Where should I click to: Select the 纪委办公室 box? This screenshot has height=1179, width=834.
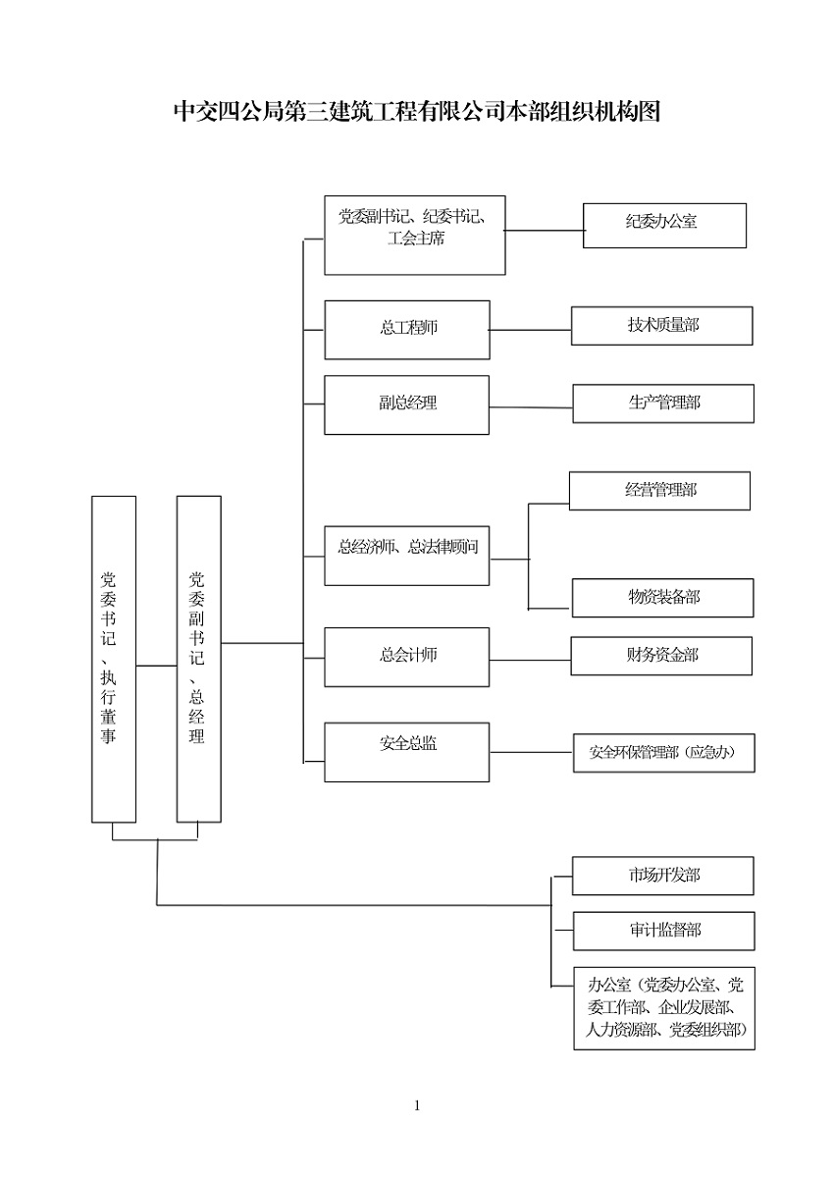coord(664,225)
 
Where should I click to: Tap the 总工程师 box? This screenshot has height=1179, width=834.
coord(407,329)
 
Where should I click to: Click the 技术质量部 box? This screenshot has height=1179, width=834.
coord(662,326)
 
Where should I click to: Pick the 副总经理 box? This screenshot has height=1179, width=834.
coord(407,403)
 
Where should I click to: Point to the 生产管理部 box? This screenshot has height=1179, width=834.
coord(663,403)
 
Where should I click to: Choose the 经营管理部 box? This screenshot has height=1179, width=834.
coord(659,491)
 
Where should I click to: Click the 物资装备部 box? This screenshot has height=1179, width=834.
coord(663,598)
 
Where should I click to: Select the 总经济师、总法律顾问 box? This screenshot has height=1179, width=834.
coord(407,556)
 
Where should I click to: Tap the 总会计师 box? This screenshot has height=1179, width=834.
coord(407,657)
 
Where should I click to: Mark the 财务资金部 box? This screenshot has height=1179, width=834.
coord(661,656)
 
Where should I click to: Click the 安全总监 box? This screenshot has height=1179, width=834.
coord(407,752)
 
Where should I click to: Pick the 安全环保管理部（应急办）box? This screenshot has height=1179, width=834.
coord(663,754)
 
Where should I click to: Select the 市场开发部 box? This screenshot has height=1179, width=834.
coord(663,876)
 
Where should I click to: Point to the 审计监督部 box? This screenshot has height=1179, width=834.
coord(664,931)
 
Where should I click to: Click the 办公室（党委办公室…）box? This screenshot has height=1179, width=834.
coord(664,1008)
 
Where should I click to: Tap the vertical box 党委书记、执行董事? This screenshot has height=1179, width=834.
coord(114,659)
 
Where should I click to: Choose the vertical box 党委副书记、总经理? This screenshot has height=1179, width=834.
coord(198,659)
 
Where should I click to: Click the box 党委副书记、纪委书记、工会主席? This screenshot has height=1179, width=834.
coord(415,235)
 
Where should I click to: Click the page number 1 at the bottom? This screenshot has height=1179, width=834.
coord(417,1106)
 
